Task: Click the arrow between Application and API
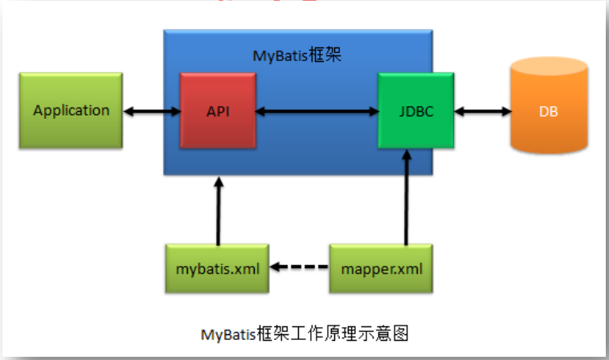point(152,111)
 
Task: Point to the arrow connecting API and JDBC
point(317,111)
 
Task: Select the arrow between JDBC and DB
point(482,111)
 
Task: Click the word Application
point(71,110)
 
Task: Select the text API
point(218,111)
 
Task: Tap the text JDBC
point(415,111)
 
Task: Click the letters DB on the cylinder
point(548,111)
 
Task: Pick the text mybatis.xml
point(217,268)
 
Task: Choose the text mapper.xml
point(381,268)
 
